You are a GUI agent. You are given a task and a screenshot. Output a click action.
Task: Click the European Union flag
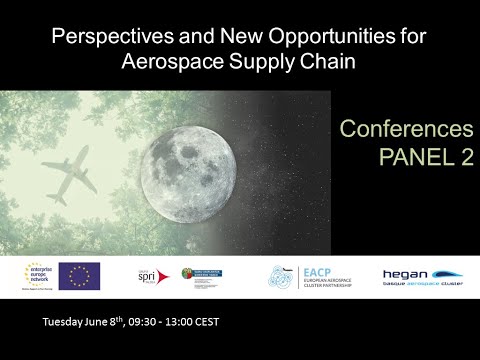coord(79,276)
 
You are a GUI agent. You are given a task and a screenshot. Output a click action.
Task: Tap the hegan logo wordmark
coord(403,273)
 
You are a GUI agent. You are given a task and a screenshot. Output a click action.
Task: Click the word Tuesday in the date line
coord(64,322)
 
